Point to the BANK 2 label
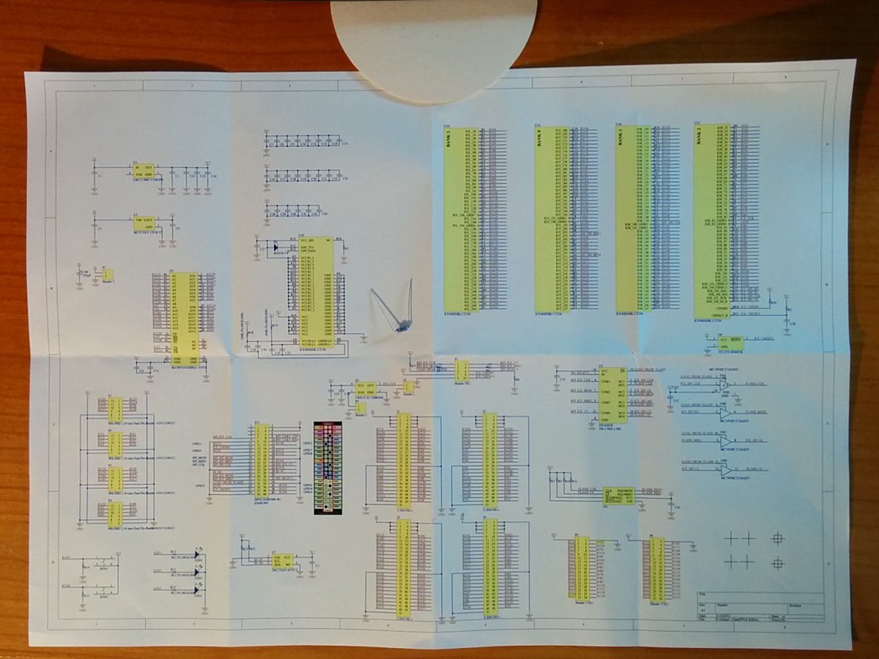[x=700, y=139]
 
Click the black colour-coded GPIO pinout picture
[x=327, y=469]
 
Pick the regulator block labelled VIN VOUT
[x=144, y=223]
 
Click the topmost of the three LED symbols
[x=198, y=554]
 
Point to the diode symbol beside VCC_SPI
[x=276, y=247]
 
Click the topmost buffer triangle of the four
[x=724, y=384]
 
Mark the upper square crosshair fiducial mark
[x=777, y=538]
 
